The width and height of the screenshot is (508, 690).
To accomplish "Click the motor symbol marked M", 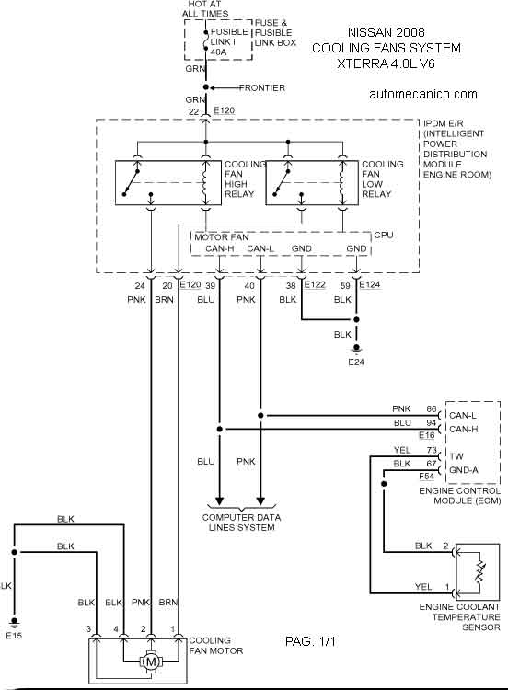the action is pyautogui.click(x=151, y=661).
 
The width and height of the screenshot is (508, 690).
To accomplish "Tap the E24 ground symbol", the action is pyautogui.click(x=356, y=350).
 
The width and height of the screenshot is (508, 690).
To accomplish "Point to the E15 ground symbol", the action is pyautogui.click(x=14, y=622).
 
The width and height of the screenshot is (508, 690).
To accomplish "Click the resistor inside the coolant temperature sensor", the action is pyautogui.click(x=479, y=572).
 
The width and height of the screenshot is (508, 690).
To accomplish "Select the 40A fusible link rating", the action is pyautogui.click(x=218, y=52).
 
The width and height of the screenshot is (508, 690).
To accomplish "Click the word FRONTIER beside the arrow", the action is pyautogui.click(x=262, y=88).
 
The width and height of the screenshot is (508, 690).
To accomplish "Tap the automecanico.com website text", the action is pyautogui.click(x=423, y=94).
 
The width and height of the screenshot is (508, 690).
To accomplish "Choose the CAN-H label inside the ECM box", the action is pyautogui.click(x=463, y=429).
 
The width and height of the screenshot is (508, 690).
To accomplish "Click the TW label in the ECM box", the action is pyautogui.click(x=456, y=456).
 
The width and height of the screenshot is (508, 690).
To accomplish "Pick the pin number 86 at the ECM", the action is pyautogui.click(x=432, y=409).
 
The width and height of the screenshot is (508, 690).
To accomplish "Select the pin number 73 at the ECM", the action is pyautogui.click(x=432, y=450).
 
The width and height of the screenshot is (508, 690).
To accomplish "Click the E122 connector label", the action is pyautogui.click(x=315, y=284).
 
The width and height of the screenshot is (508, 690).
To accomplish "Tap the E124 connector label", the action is pyautogui.click(x=370, y=284).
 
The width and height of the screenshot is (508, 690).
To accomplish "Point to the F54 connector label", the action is pyautogui.click(x=427, y=477).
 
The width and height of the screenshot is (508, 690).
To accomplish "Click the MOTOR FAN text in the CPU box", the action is pyautogui.click(x=222, y=237).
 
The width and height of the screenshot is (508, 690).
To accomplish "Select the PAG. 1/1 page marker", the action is pyautogui.click(x=310, y=641).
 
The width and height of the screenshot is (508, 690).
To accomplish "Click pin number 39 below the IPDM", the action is pyautogui.click(x=211, y=285).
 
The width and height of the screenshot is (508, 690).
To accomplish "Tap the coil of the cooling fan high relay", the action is pyautogui.click(x=205, y=183).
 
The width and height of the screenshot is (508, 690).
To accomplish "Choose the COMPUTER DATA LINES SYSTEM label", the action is pyautogui.click(x=242, y=523).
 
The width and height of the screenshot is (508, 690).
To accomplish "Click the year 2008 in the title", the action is pyautogui.click(x=410, y=32).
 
